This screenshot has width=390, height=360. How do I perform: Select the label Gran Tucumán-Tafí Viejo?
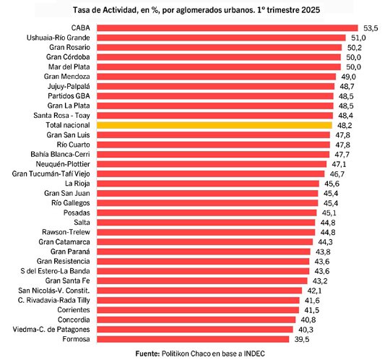click(51, 174)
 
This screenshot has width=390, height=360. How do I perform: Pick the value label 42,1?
click(312, 290)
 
